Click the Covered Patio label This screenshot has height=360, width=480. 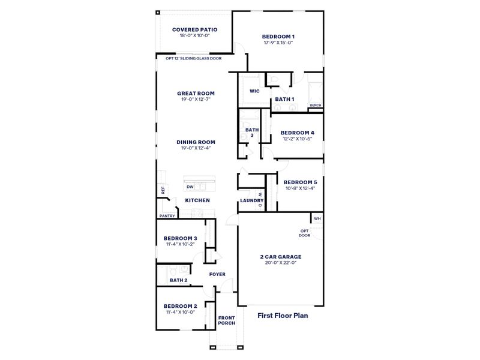click(194, 29)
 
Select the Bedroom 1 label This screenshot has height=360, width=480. click(277, 37)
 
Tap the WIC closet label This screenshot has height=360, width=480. click(254, 92)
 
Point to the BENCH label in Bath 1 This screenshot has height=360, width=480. click(315, 106)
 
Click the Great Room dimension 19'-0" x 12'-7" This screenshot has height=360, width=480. click(196, 100)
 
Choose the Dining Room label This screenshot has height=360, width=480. click(196, 142)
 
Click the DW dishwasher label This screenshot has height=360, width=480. click(189, 187)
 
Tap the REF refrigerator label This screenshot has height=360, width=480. click(162, 190)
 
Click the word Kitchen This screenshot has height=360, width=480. click(197, 200)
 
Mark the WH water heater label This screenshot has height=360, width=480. click(317, 218)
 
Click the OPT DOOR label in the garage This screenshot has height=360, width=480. click(305, 233)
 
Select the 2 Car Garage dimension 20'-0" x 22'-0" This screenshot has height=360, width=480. click(280, 262)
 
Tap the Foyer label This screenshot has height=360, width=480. click(217, 274)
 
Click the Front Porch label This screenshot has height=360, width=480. click(226, 320)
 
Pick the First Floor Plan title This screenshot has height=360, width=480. click(283, 314)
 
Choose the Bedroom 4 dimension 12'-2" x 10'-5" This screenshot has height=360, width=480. click(298, 139)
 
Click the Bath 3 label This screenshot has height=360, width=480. click(251, 133)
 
